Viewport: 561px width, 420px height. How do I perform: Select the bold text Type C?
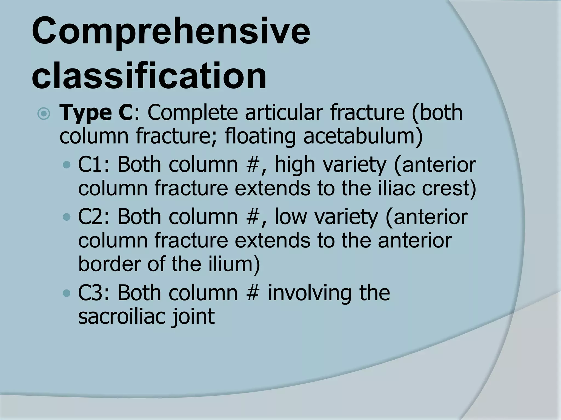click(x=96, y=113)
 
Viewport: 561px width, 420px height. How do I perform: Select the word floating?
click(x=260, y=136)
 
